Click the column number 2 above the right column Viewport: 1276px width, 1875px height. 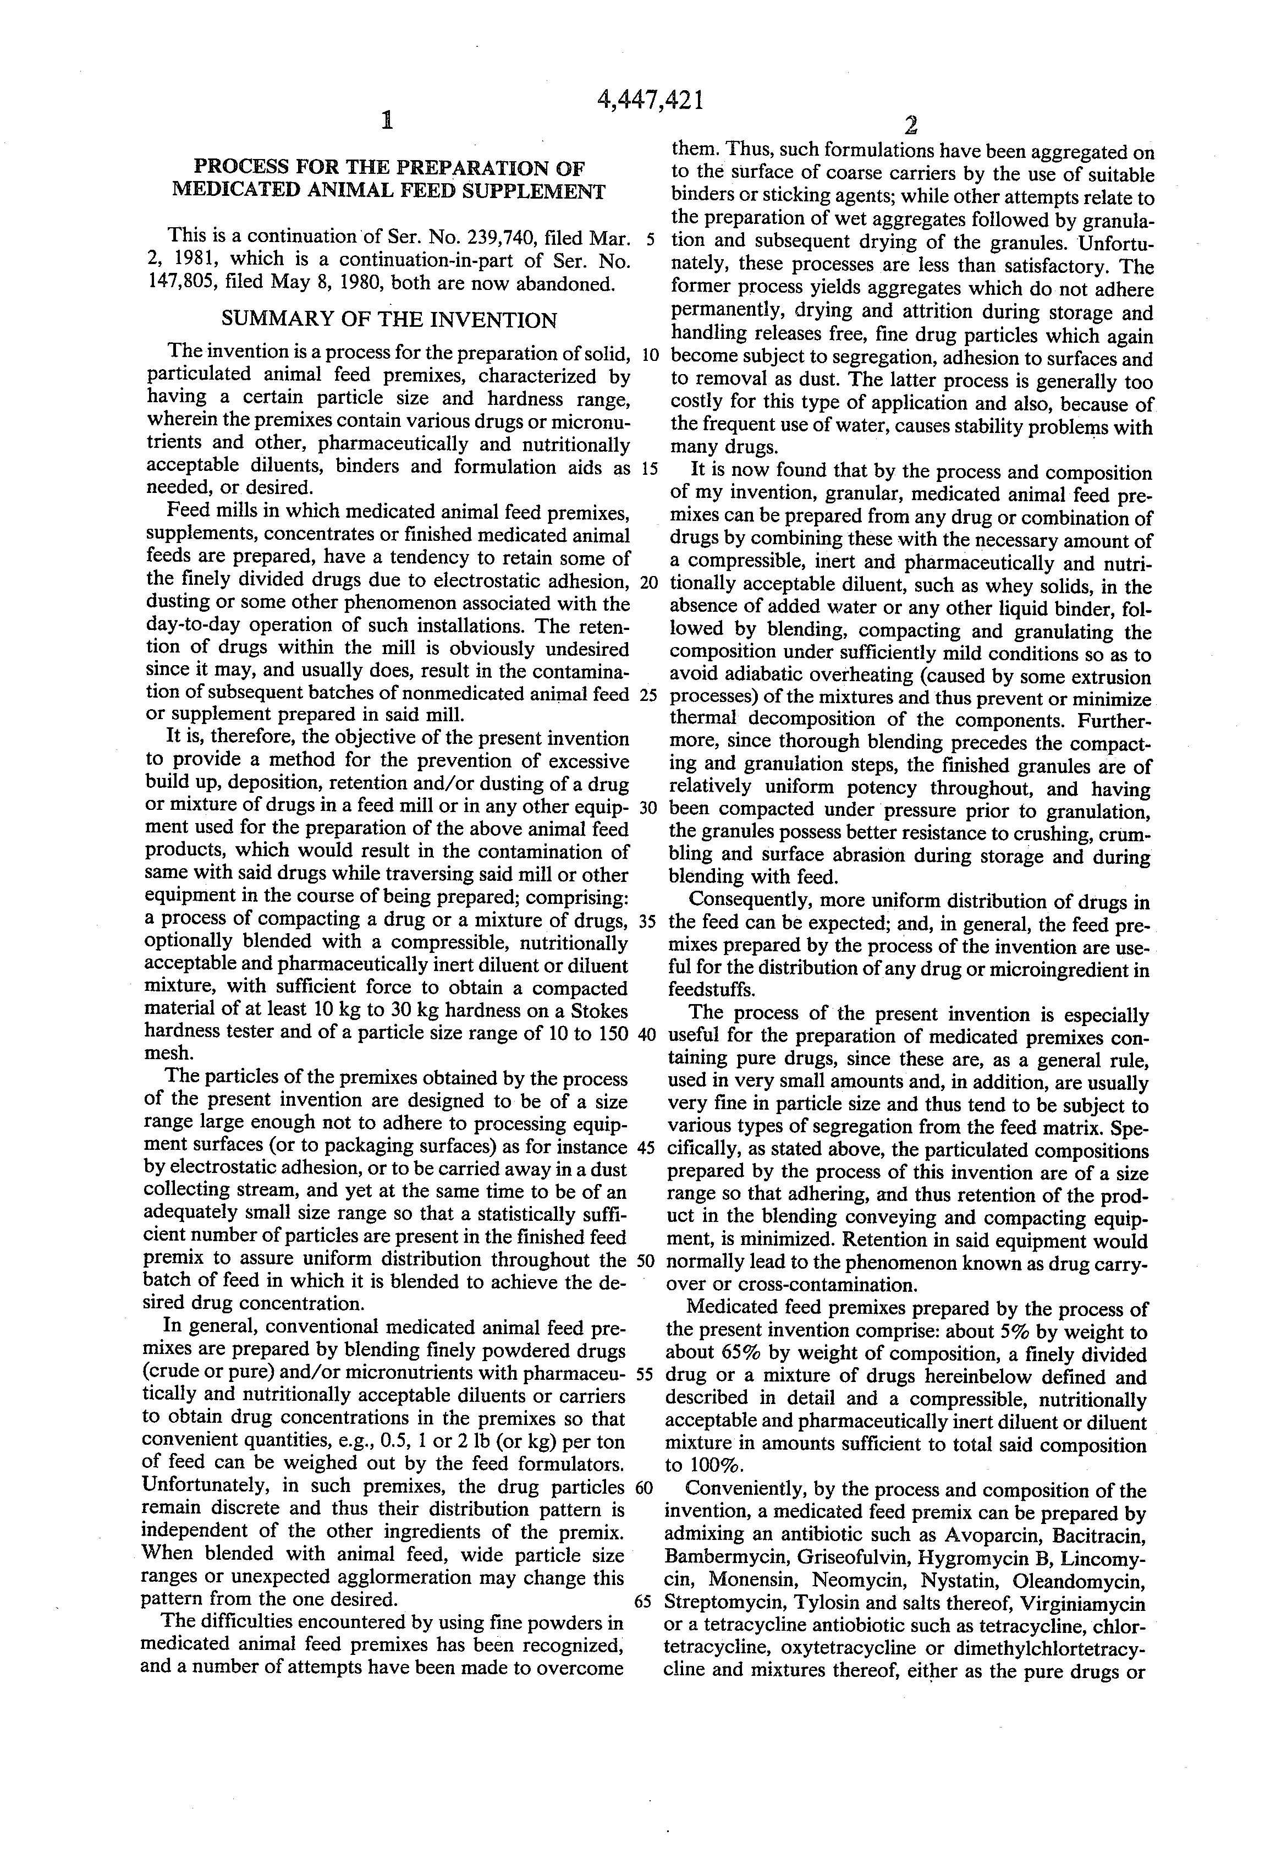point(911,125)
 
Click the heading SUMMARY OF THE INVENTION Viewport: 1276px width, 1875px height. point(389,320)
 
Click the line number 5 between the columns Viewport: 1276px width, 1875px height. point(650,240)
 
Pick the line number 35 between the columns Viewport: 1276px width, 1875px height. point(650,922)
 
